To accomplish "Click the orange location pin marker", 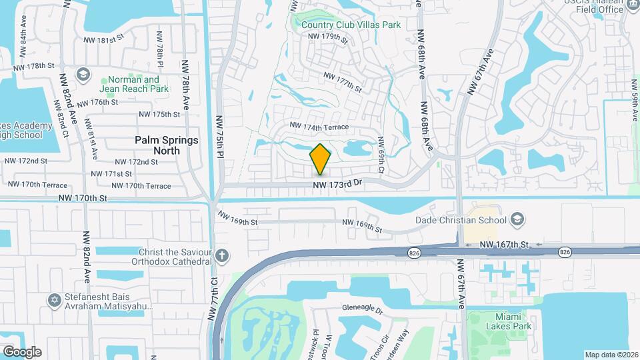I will [320, 159].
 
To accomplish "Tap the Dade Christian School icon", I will [517, 220].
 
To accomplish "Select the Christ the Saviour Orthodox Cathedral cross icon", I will [222, 255].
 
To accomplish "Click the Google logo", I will [21, 351].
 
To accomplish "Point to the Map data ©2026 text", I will [611, 355].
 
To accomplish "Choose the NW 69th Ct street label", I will [381, 155].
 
